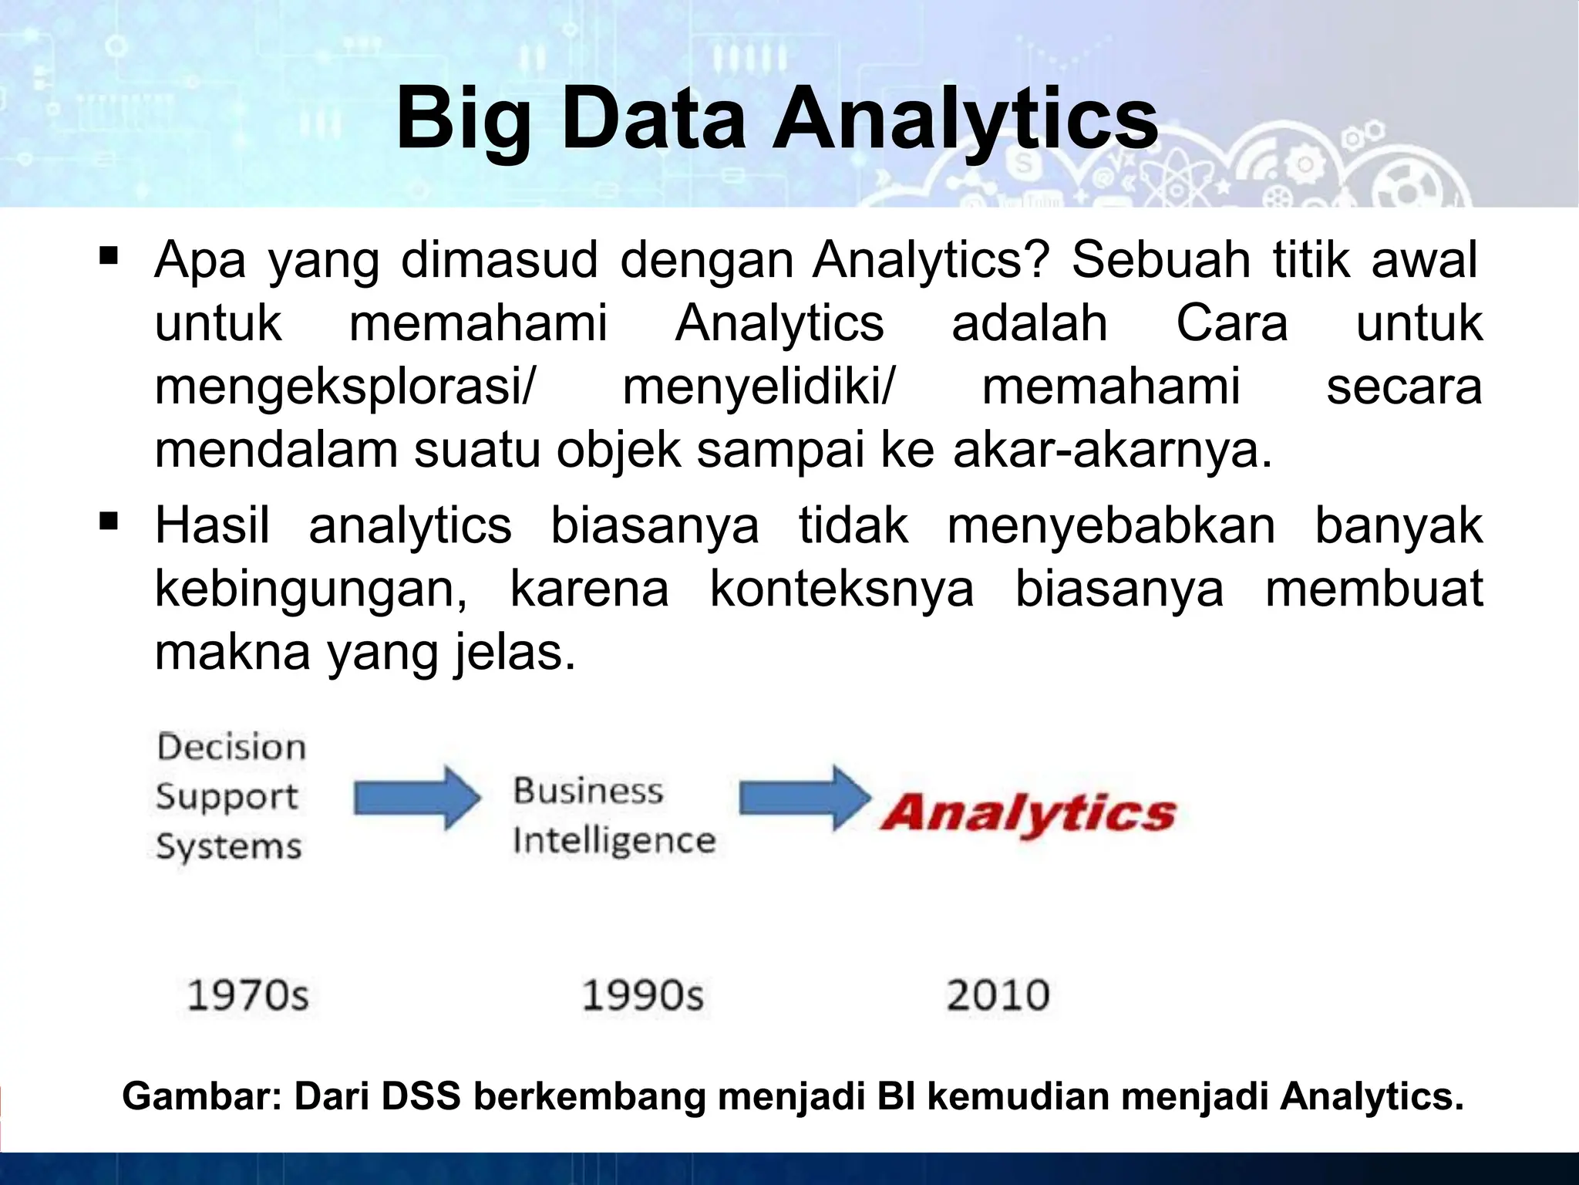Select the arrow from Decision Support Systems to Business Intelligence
click(416, 798)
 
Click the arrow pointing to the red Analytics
click(803, 798)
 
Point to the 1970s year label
click(247, 994)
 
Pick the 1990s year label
click(642, 994)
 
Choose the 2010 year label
click(998, 994)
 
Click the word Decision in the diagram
click(231, 747)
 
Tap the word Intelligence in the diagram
click(614, 839)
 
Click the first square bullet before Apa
click(108, 254)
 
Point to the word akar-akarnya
click(1112, 451)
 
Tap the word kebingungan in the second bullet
click(310, 590)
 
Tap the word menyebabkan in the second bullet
click(1111, 526)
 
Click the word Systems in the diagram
click(229, 847)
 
